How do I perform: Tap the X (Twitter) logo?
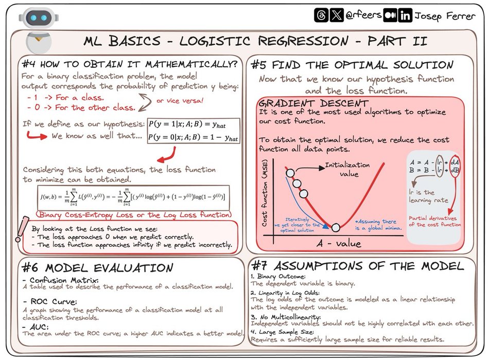pos(336,15)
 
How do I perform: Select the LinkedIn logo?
pos(405,15)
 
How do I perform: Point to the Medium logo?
pos(391,15)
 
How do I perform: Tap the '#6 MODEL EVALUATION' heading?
pos(98,268)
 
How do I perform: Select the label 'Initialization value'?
pos(347,169)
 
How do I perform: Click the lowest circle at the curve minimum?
pos(335,227)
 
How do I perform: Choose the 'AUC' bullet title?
pos(39,327)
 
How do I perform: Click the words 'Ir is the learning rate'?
pos(428,196)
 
